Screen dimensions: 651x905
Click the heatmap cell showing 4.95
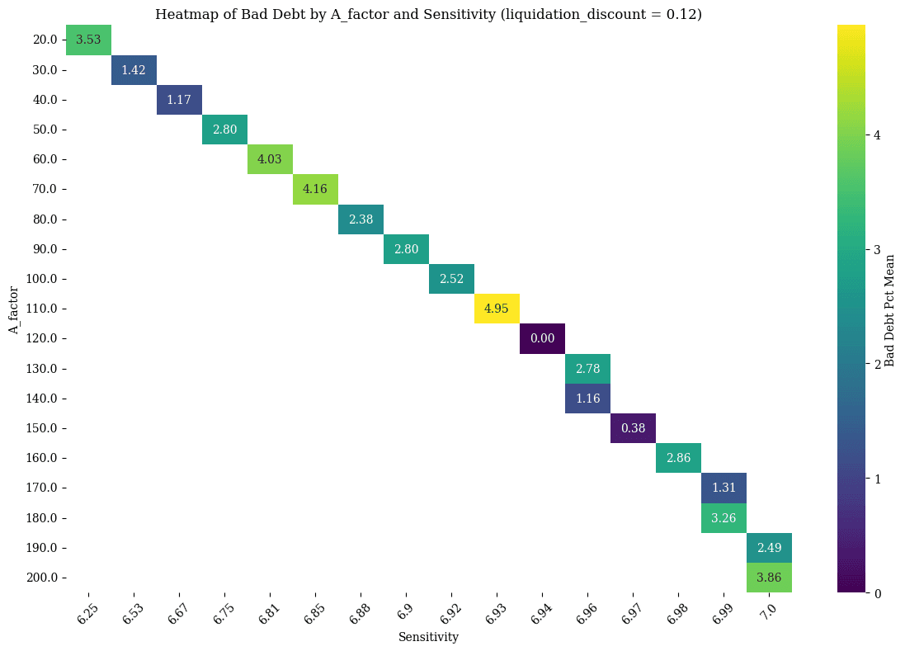497,309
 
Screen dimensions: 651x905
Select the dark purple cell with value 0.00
542,338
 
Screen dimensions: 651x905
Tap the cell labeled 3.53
88,40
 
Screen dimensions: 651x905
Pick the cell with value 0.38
633,428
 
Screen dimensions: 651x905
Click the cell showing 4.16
315,189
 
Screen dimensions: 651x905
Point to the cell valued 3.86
769,578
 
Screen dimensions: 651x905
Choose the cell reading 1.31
724,488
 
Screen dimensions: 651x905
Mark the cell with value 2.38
361,219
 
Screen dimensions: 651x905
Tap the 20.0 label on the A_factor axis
46,40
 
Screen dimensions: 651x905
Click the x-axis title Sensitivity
428,637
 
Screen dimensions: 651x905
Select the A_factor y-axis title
14,309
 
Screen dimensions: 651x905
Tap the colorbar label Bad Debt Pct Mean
890,309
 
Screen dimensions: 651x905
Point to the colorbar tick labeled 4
878,135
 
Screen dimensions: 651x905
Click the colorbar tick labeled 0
878,593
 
